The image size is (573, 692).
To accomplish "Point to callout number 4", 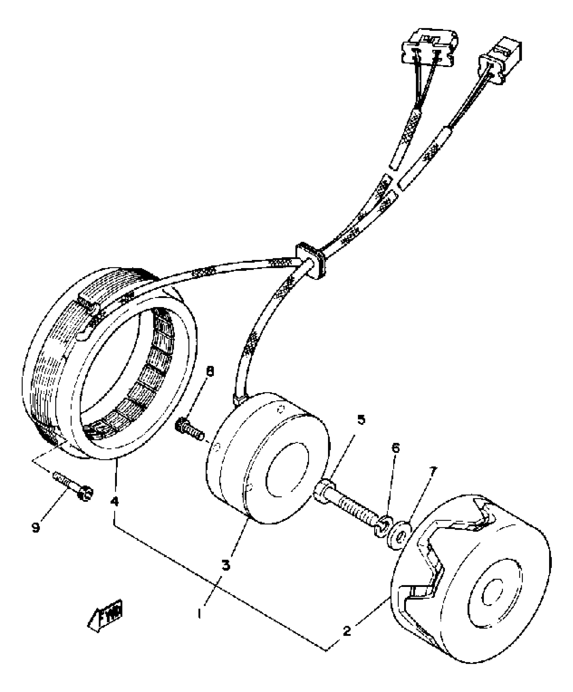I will tap(115, 502).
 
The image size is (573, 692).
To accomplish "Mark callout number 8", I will tap(210, 371).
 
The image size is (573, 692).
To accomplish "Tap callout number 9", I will tap(36, 528).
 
